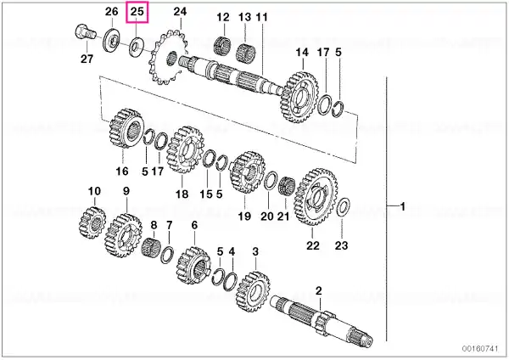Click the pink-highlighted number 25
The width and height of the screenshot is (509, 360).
point(137,12)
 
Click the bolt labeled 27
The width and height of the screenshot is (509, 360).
point(86,33)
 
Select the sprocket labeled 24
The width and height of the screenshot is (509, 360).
point(166,57)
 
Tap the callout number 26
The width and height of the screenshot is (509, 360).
point(111,12)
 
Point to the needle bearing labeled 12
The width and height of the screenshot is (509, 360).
point(222,46)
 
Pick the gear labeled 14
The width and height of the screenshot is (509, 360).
point(299,98)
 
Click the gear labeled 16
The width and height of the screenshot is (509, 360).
point(126,129)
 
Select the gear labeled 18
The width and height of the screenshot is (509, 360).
point(185,150)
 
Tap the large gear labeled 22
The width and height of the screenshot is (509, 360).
point(316,197)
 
